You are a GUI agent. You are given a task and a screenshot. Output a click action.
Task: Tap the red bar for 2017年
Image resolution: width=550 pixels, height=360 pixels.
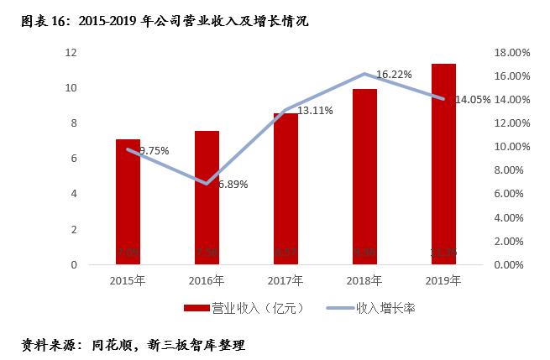[x=285, y=189]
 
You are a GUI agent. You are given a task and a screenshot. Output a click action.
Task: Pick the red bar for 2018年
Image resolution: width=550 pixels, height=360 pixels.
[x=364, y=176]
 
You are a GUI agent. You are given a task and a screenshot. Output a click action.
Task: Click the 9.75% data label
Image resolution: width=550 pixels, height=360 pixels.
[x=154, y=151]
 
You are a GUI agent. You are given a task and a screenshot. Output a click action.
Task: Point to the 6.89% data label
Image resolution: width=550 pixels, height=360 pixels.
[x=232, y=185]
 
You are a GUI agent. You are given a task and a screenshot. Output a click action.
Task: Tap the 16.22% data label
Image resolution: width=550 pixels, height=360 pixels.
[x=394, y=74]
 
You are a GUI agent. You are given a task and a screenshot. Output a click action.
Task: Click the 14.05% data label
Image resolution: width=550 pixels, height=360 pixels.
[x=472, y=99]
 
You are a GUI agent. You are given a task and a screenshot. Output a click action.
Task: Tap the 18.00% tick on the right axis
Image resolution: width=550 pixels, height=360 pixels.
[x=511, y=53]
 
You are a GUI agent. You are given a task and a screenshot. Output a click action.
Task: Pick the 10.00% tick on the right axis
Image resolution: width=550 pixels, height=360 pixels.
[x=511, y=147]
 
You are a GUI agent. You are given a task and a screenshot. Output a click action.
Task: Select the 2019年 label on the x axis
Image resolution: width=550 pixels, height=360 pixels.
[x=443, y=279]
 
